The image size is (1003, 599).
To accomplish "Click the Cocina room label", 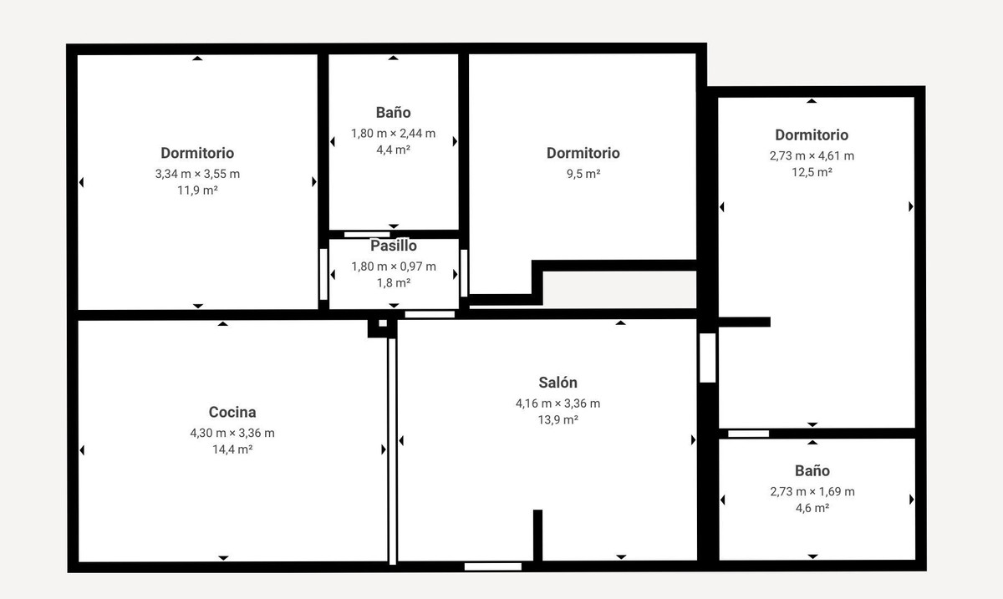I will [x=232, y=412].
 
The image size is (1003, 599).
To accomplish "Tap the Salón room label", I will [x=558, y=383].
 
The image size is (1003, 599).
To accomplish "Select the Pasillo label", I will [x=394, y=246].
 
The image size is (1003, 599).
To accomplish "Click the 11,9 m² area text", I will [x=197, y=190].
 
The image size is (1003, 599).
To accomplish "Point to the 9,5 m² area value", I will [x=583, y=174].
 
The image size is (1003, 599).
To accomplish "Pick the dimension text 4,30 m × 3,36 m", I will [x=232, y=433].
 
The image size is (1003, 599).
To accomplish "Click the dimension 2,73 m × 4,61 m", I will [x=812, y=155].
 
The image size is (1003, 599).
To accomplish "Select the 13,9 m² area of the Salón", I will [x=558, y=420].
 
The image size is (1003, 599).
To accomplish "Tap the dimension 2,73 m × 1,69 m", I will [x=812, y=491].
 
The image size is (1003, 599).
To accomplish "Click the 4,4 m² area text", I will [x=394, y=150].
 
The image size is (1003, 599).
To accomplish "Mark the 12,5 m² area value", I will [x=812, y=172].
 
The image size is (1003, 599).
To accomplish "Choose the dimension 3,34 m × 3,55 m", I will [x=197, y=174].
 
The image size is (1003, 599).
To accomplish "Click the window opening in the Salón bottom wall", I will [x=492, y=566].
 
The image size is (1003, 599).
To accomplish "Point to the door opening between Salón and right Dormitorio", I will [x=708, y=358].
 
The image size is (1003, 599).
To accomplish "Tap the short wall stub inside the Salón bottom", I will [x=538, y=535].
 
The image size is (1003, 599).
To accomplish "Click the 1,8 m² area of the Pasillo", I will [x=394, y=283].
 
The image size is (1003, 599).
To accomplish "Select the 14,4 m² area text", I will [x=232, y=449].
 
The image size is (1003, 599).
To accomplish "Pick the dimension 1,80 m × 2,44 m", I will [x=394, y=133].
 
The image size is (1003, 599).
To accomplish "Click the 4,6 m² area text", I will [x=812, y=508].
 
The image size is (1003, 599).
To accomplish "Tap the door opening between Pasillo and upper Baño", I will [x=367, y=235].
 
